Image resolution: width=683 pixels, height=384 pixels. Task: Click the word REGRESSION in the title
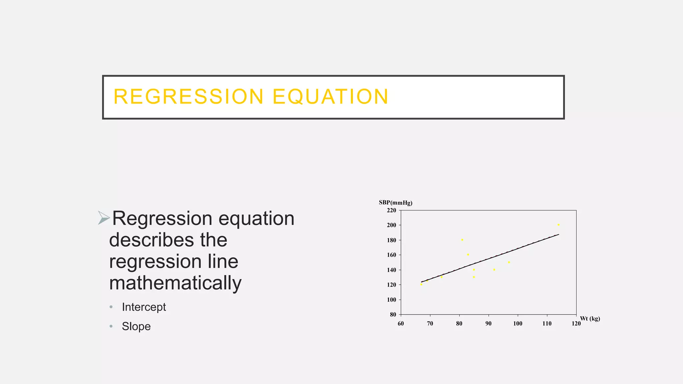pos(188,97)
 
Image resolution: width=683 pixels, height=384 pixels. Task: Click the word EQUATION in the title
pos(330,97)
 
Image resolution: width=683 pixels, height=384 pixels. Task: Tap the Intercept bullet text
pos(144,307)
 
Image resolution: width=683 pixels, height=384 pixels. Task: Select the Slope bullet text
pos(136,326)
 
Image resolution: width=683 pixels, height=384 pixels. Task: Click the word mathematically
pos(175,283)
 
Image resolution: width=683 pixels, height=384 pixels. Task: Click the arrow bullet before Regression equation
pos(104,218)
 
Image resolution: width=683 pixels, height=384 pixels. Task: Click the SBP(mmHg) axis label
pos(396,203)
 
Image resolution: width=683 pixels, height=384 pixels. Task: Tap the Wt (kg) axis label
pos(590,319)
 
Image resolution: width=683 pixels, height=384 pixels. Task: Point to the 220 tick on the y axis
pos(392,210)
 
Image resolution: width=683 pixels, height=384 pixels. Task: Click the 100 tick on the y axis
pos(392,300)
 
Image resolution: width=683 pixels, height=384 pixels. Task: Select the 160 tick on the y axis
pos(392,255)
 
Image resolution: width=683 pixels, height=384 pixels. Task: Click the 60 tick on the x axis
pos(401,324)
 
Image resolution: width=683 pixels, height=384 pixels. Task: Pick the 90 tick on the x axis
pos(488,324)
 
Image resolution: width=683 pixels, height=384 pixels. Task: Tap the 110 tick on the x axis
pos(547,324)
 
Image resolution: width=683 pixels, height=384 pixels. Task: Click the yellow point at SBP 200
pos(559,225)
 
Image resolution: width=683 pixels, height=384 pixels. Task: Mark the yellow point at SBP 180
pos(462,240)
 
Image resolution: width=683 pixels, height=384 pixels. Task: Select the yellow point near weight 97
pos(509,262)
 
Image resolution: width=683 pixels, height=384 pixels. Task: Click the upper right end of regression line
pos(559,235)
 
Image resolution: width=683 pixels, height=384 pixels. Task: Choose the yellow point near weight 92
pos(494,270)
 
